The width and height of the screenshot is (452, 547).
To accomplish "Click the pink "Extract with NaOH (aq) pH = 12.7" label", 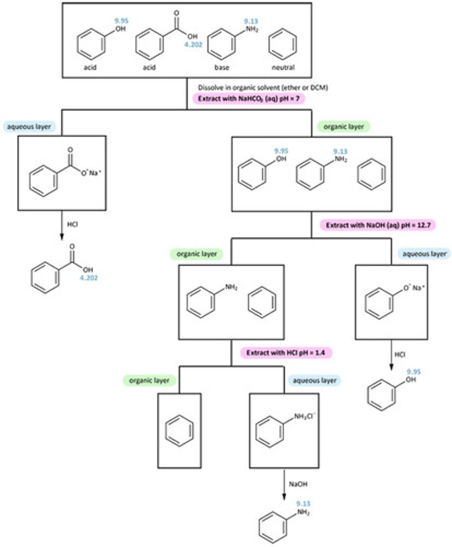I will point(372,225).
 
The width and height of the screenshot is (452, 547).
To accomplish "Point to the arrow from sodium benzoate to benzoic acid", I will point(61,225).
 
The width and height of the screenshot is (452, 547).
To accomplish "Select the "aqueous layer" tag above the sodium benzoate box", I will point(29,126).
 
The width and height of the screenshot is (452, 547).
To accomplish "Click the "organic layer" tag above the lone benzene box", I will point(147,379).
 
